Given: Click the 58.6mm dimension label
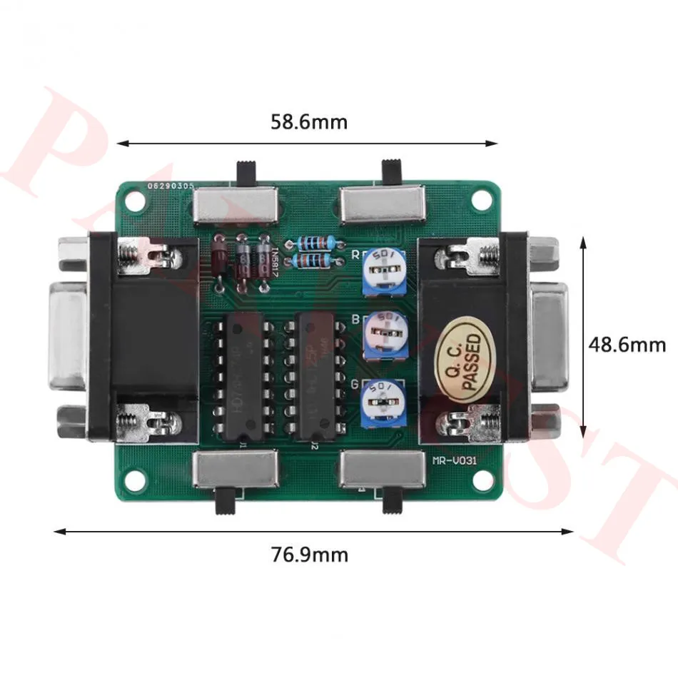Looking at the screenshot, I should (308, 122).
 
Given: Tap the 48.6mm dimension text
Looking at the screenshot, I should (627, 345).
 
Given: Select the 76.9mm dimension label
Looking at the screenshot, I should (310, 554).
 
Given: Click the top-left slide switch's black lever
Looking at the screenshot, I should (246, 173).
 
